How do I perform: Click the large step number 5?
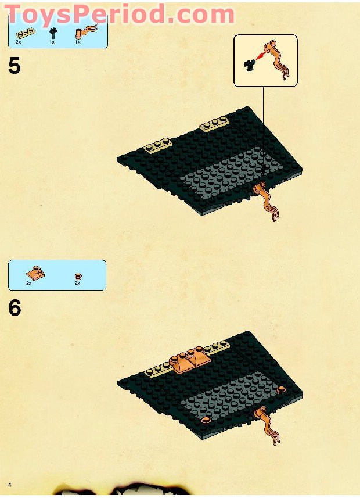tap(15, 66)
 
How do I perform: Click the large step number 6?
tap(15, 307)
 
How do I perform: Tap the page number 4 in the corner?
tap(10, 485)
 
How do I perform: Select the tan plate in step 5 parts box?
tap(26, 33)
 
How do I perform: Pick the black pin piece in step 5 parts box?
tap(53, 33)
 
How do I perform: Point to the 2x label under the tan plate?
tap(18, 42)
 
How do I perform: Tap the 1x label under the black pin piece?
tap(52, 42)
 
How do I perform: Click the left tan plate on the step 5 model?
tap(158, 145)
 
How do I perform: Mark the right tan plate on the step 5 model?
tap(214, 124)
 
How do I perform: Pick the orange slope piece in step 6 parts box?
tap(35, 273)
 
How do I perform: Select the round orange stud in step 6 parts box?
tap(77, 276)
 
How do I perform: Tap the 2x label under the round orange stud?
tap(77, 282)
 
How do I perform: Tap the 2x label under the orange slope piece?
tap(29, 282)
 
